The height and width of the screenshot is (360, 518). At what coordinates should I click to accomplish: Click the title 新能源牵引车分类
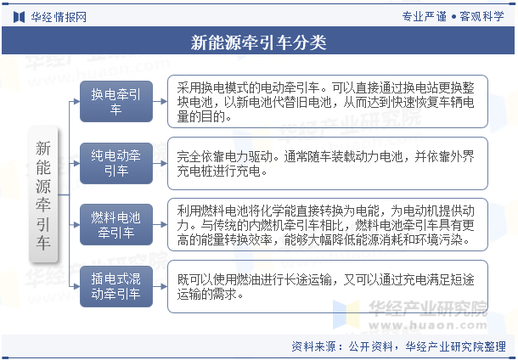(x=259, y=42)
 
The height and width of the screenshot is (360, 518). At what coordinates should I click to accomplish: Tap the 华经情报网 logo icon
(x=20, y=17)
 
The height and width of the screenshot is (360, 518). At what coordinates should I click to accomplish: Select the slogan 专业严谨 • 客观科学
(x=453, y=16)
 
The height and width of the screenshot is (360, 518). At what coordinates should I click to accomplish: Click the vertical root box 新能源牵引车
(x=43, y=194)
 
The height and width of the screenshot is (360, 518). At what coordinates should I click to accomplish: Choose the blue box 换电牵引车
(x=116, y=101)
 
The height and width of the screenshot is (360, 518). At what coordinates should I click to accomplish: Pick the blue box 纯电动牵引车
(x=116, y=163)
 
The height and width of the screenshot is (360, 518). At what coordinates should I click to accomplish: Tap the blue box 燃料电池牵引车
(x=116, y=225)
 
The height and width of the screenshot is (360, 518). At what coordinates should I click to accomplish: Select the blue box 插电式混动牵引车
(x=116, y=286)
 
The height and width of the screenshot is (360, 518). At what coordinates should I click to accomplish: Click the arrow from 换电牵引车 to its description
(x=160, y=101)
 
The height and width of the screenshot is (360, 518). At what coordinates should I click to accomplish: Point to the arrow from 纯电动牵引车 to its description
(x=160, y=163)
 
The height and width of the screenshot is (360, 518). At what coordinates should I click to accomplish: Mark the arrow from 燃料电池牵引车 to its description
(x=160, y=225)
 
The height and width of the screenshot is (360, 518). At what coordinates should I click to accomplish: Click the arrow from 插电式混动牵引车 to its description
(x=160, y=286)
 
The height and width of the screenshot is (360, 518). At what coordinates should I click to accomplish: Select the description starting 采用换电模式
(x=328, y=101)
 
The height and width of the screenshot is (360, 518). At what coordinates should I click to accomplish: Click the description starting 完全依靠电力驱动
(x=328, y=163)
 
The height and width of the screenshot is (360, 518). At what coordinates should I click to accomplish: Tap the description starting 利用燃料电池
(x=328, y=225)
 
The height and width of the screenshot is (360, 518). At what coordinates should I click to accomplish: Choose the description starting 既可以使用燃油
(x=328, y=286)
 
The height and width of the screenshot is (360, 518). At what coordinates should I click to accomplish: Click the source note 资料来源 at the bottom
(x=398, y=346)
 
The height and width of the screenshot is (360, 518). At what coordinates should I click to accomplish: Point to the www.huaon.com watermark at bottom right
(x=428, y=325)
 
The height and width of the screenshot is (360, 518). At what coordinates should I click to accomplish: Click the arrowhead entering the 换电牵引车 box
(x=76, y=101)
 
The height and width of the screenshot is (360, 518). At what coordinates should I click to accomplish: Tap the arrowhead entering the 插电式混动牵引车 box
(x=76, y=286)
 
